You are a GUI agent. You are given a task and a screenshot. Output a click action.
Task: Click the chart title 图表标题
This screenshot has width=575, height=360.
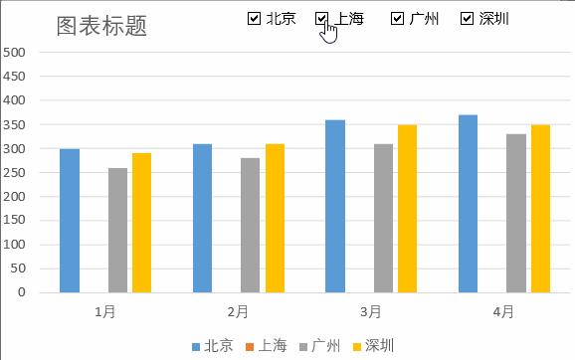coord(101,27)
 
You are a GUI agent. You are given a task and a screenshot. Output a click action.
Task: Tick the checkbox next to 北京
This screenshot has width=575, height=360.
coord(254,18)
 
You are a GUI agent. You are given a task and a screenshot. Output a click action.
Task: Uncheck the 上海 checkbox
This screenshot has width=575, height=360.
coord(322,18)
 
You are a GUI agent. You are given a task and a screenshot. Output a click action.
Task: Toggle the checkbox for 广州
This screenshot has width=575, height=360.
coord(397,18)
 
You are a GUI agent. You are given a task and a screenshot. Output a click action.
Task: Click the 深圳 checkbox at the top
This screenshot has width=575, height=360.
coord(467,18)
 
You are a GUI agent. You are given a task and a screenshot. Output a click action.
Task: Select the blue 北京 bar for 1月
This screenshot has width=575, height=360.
coord(70,221)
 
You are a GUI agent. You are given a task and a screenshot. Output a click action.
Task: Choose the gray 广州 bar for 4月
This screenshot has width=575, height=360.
coord(516,214)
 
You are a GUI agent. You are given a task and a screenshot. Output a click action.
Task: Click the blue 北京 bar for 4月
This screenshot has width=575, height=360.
coord(469,204)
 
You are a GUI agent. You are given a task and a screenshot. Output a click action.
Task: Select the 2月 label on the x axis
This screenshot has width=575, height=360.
coord(238,312)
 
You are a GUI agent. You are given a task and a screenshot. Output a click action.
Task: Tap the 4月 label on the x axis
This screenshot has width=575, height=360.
coord(504,312)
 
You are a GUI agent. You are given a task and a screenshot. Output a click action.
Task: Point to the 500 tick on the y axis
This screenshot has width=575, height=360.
coord(15,53)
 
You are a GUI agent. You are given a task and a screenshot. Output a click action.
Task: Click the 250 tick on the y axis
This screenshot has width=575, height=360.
coord(15,173)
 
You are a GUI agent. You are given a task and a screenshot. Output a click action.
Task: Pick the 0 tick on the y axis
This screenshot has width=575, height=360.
coord(21,293)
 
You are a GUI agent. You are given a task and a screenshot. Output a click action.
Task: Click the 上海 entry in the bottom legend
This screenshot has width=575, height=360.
coord(266,346)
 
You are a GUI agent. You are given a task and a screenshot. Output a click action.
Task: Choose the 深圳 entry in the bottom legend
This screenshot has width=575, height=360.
coord(372,346)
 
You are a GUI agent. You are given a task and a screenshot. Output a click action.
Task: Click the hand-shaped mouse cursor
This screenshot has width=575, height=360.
coord(329,32)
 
